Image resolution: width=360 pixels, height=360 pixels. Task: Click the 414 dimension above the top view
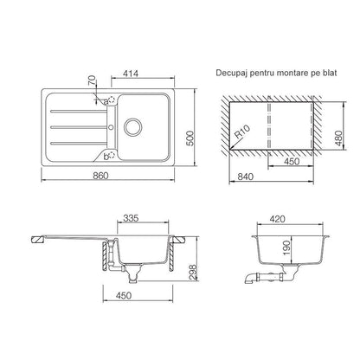131,74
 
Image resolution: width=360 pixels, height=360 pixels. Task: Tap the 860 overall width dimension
100,176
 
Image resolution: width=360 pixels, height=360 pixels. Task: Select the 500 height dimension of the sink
190,138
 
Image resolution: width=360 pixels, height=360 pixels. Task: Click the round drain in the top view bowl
133,127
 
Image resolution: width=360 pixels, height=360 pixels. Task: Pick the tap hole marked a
112,100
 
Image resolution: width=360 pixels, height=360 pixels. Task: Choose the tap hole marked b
112,156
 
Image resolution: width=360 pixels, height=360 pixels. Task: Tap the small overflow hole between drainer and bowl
112,127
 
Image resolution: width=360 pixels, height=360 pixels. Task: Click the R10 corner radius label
241,133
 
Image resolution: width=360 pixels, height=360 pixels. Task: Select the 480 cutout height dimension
338,138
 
